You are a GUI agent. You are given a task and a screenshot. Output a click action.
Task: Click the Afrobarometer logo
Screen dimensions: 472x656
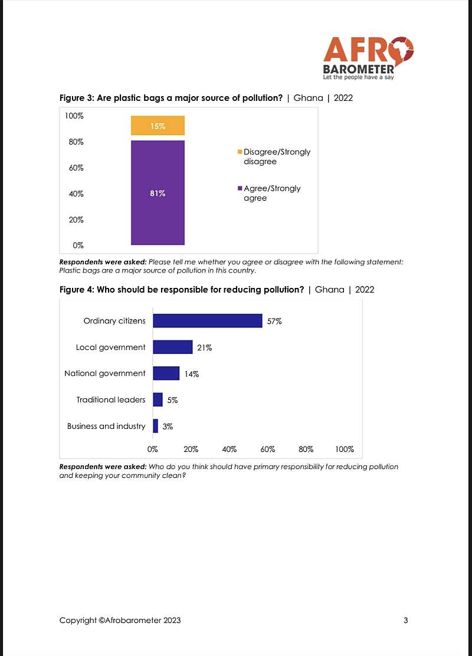(368, 58)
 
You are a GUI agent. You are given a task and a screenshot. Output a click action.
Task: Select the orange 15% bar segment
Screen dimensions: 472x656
(158, 126)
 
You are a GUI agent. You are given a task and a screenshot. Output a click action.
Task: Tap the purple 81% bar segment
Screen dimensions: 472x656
(158, 192)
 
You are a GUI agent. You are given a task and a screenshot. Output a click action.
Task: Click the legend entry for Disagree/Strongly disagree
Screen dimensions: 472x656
(274, 156)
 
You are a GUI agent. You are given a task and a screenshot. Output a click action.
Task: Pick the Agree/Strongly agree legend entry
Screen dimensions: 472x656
(269, 193)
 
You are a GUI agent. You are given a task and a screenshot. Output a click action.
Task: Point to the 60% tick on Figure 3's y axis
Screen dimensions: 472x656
(76, 168)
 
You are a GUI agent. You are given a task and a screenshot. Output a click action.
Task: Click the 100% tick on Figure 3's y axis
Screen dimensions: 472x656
(74, 116)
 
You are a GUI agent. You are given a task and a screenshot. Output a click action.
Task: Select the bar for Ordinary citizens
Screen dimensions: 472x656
(208, 320)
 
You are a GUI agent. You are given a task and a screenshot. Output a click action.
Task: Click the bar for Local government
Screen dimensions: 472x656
(173, 347)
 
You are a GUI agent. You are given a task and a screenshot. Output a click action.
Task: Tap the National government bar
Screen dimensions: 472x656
(166, 373)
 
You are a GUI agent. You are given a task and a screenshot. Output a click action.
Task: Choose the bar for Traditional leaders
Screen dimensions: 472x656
(158, 399)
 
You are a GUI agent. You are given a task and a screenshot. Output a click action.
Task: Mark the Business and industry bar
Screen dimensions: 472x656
(156, 426)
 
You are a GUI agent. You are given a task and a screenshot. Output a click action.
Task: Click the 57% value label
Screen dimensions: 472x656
(274, 322)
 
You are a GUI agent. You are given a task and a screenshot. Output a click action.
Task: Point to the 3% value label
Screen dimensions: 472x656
(168, 427)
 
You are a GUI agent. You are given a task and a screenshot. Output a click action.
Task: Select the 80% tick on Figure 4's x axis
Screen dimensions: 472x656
(306, 450)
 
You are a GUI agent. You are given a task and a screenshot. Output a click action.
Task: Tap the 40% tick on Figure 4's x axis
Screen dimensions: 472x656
(230, 450)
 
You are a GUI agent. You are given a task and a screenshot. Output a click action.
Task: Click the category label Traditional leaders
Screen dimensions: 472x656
(111, 399)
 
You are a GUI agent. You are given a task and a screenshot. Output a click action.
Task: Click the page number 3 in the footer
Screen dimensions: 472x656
(405, 620)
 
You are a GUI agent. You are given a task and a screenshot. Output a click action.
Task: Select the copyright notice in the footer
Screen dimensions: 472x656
(120, 621)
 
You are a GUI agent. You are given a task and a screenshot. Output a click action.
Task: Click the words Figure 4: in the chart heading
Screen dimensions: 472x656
(77, 290)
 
